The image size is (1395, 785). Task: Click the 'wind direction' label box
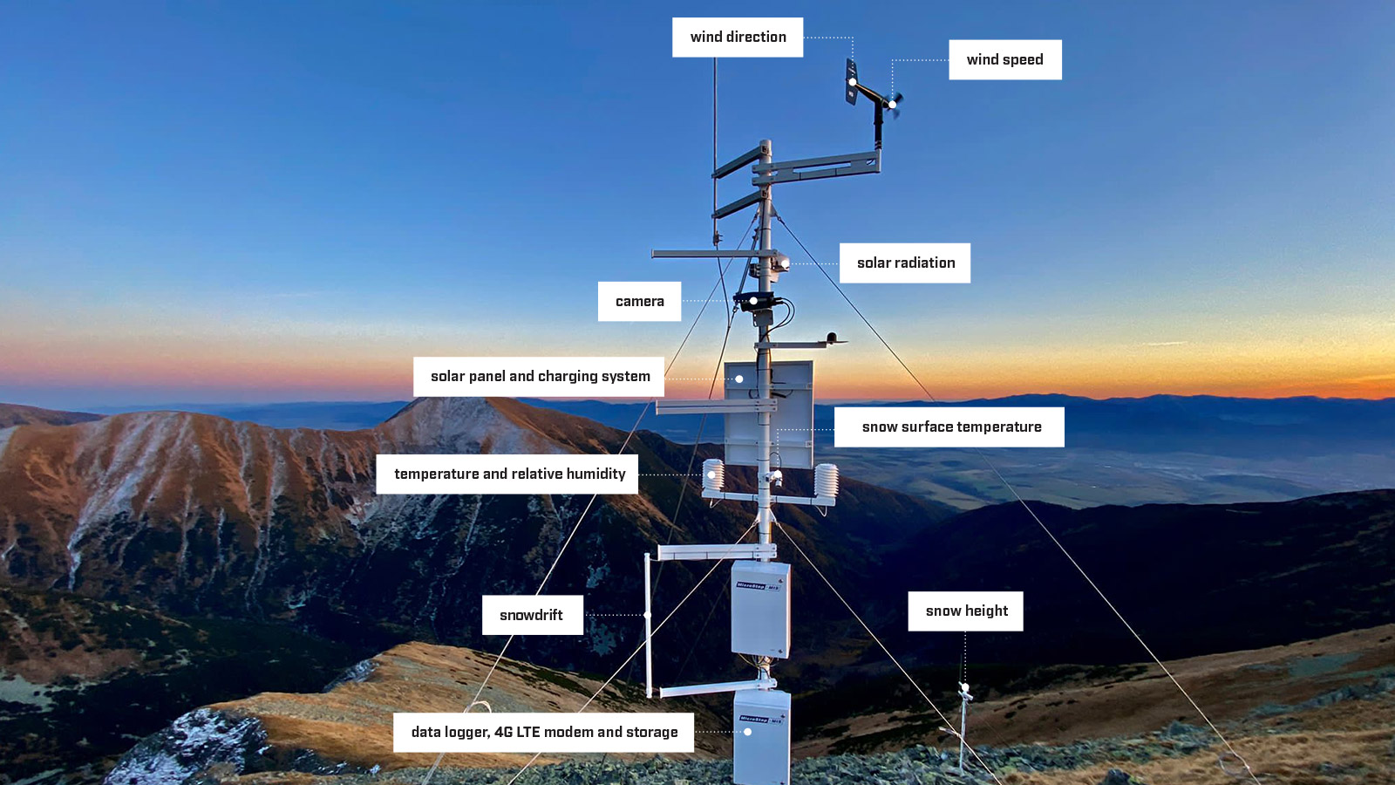tap(738, 38)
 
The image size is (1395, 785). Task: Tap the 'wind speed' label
tap(1004, 60)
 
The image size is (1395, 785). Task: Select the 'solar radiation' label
tap(905, 263)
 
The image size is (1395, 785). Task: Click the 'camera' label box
tap(639, 302)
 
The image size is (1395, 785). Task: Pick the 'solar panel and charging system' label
tap(539, 377)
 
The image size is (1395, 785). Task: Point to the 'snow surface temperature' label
tap(949, 427)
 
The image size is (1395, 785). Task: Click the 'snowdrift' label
tap(532, 616)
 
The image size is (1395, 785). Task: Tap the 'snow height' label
tap(965, 611)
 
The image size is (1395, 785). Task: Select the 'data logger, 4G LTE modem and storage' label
tap(543, 733)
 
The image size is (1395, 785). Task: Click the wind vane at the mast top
tap(851, 83)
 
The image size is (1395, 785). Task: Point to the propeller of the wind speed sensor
tap(895, 103)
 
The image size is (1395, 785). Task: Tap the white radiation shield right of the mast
tap(826, 482)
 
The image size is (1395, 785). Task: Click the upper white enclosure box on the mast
tap(760, 609)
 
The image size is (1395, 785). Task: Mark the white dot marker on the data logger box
tap(747, 732)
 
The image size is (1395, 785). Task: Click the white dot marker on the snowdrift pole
tap(648, 615)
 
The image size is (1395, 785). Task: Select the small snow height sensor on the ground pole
tap(965, 692)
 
